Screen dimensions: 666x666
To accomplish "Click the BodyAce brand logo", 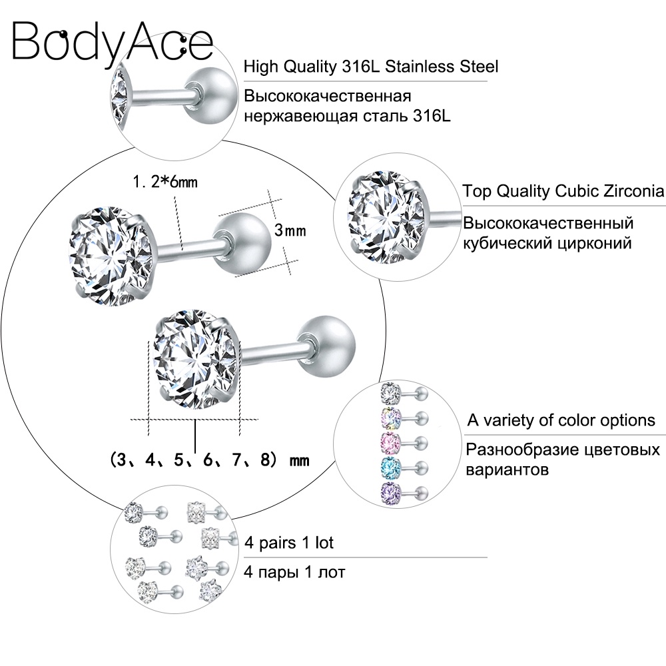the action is pos(113,42).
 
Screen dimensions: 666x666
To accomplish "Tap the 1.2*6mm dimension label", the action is pos(165,182).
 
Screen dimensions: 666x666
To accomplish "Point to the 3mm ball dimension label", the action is pos(290,230).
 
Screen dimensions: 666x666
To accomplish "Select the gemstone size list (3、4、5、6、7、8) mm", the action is pos(209,460).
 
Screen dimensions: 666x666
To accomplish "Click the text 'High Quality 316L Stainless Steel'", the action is pos(371,67).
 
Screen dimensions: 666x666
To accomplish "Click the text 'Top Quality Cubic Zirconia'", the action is pos(563,191).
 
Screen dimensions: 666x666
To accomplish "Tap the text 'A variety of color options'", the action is pos(561,420).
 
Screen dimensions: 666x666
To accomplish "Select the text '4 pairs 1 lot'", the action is pos(289,542).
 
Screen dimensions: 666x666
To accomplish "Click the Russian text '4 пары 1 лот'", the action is pos(294,572).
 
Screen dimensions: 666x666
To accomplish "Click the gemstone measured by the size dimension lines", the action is pos(196,360).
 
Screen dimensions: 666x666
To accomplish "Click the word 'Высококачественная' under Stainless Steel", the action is pos(328,97).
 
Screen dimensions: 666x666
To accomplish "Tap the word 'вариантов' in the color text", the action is pos(507,470).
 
